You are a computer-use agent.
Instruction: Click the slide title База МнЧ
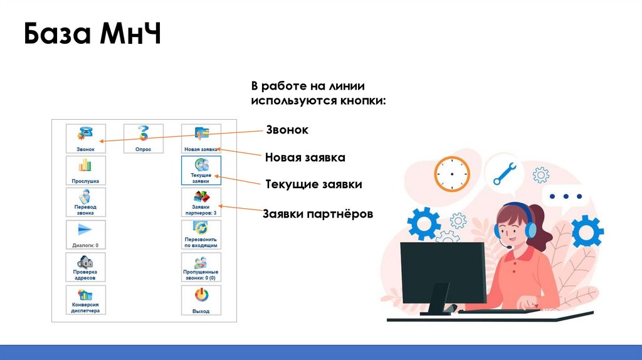tap(93, 35)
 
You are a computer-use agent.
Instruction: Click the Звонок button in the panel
tap(86, 139)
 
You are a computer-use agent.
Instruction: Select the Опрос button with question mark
tap(143, 139)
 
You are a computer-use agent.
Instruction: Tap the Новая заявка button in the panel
tap(201, 139)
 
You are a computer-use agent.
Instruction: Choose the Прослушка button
tap(86, 171)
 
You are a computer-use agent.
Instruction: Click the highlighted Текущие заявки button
tap(201, 171)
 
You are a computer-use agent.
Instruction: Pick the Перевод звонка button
tap(86, 203)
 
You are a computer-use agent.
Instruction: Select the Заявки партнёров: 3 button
tap(201, 203)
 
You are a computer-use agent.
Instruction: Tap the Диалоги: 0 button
tap(86, 235)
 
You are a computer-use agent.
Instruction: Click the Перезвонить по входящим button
tap(201, 235)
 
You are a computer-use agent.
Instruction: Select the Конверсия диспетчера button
tap(86, 300)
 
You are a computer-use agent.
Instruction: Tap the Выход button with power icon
tap(201, 300)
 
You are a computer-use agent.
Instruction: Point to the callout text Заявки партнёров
tap(318, 214)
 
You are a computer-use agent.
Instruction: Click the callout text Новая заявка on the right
tap(305, 157)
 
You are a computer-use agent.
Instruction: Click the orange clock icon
tap(451, 174)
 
